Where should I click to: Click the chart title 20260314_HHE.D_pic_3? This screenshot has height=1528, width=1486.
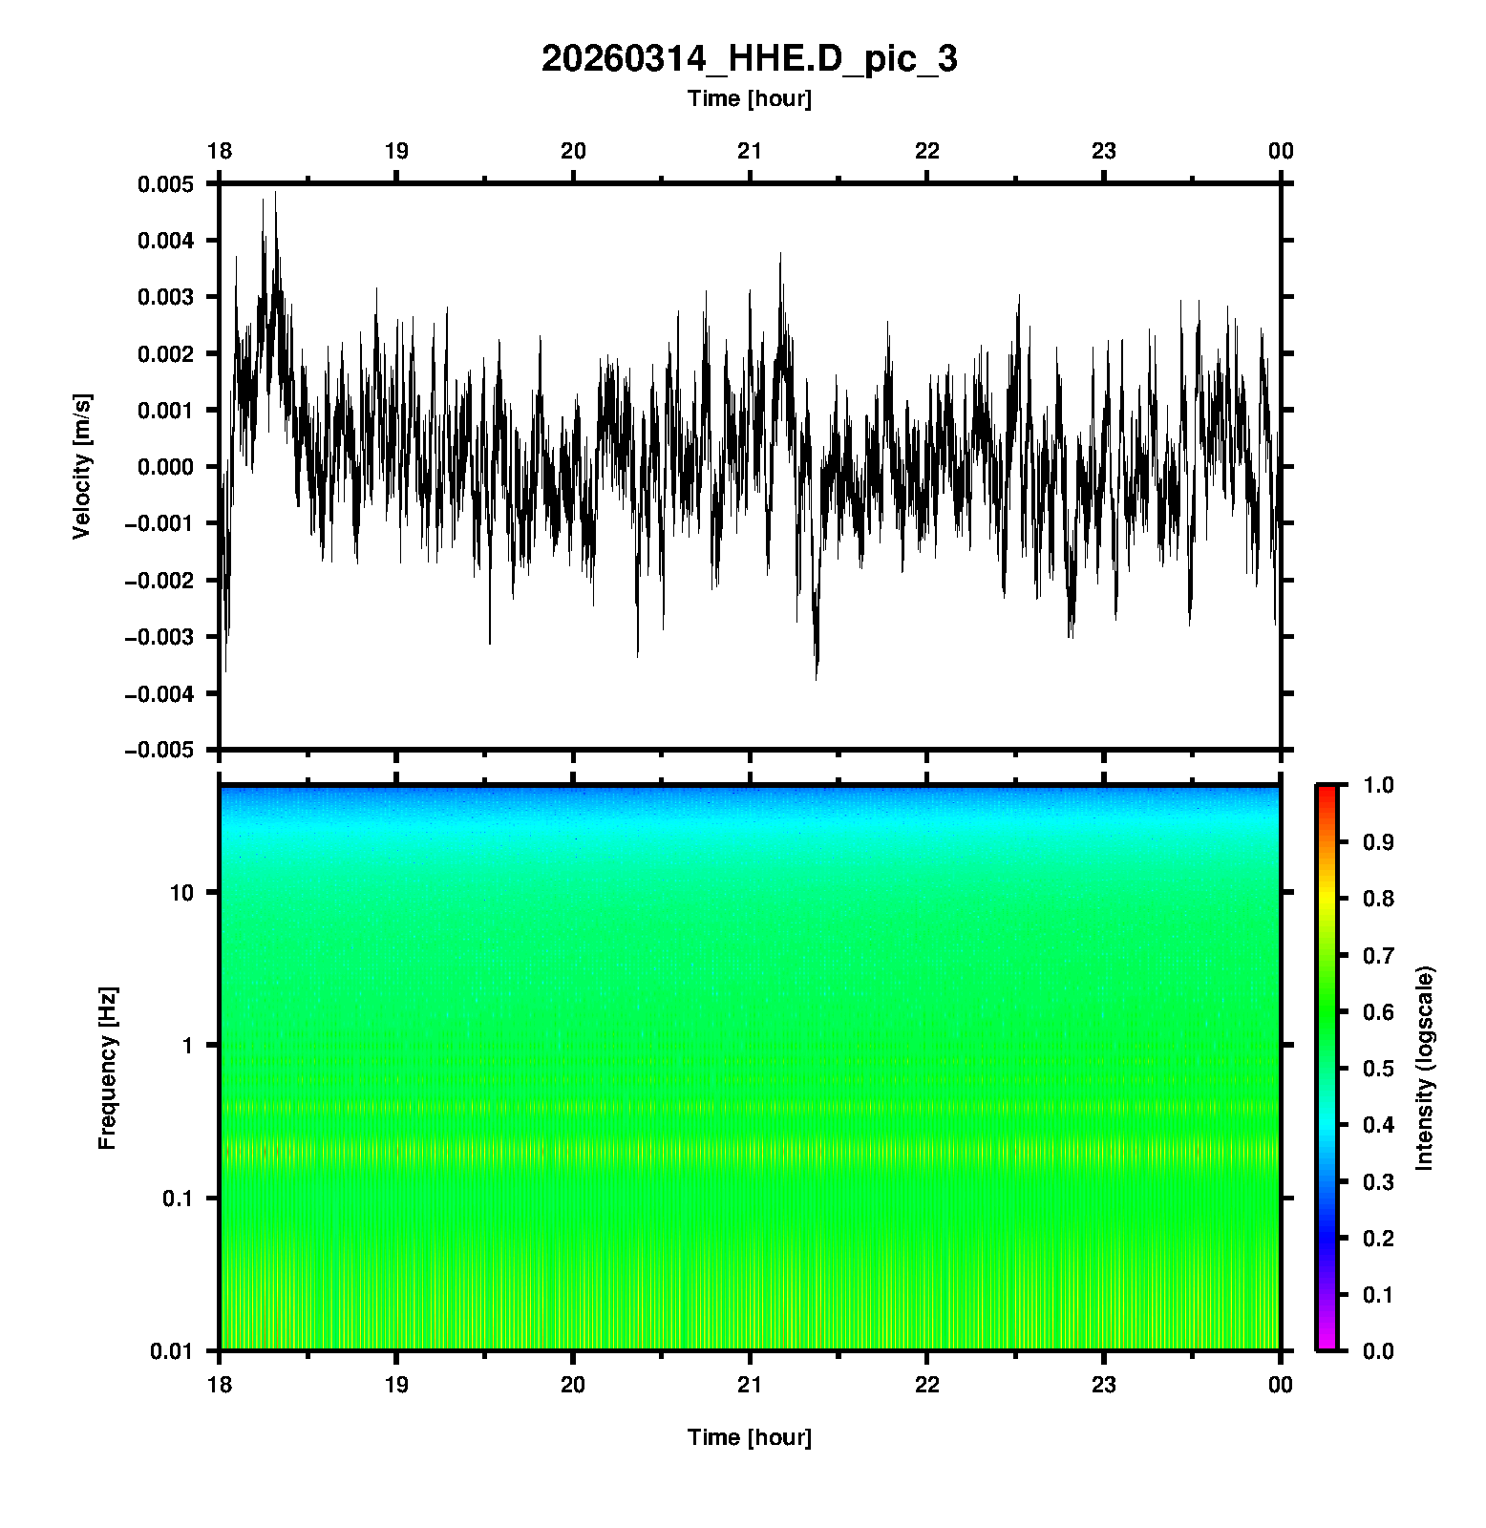[x=749, y=59]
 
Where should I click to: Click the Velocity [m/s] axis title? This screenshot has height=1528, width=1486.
[x=82, y=466]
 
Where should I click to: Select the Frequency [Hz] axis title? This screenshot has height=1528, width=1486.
[x=107, y=1068]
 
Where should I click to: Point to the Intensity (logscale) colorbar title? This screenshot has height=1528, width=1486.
[x=1425, y=1068]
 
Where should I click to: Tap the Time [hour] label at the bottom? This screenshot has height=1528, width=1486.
[x=749, y=1437]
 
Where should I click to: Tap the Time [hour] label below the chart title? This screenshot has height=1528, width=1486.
[x=749, y=98]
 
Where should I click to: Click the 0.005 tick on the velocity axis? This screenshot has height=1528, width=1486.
[x=165, y=184]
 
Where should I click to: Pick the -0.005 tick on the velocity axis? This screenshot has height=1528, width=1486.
[x=159, y=750]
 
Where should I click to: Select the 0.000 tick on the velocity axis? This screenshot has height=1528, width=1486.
[x=165, y=467]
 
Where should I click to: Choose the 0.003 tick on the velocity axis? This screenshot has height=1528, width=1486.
[x=165, y=297]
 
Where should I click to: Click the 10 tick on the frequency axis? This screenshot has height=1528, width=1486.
[x=181, y=893]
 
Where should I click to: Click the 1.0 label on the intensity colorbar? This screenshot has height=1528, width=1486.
[x=1380, y=785]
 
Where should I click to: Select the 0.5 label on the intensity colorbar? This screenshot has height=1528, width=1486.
[x=1380, y=1068]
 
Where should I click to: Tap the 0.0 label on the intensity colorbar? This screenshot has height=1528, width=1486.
[x=1380, y=1350]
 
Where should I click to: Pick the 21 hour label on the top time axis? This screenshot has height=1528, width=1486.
[x=750, y=151]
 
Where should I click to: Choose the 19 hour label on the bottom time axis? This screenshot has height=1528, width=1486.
[x=396, y=1385]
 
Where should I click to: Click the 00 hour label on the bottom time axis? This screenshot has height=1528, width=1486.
[x=1281, y=1385]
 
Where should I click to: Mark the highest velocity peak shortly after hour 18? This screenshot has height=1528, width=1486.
[x=275, y=193]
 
